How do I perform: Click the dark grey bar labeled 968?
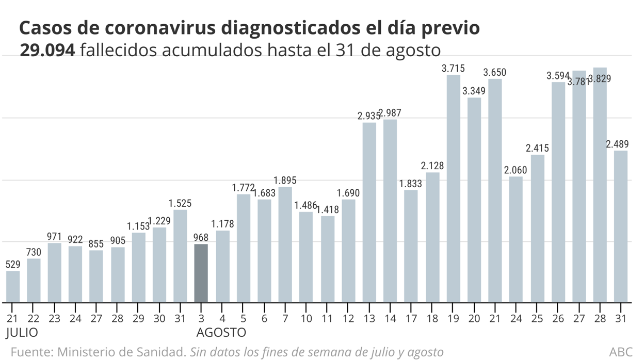click(x=201, y=273)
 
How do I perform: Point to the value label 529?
click(x=13, y=265)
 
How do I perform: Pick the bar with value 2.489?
click(x=621, y=226)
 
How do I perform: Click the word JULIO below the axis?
click(x=22, y=332)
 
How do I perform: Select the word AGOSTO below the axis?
click(x=220, y=332)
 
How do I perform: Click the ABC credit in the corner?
click(x=621, y=352)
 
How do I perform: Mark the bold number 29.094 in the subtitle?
click(x=48, y=51)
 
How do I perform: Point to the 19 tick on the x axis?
click(x=453, y=318)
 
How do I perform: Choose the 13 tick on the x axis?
click(x=369, y=318)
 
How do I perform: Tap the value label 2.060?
click(x=516, y=170)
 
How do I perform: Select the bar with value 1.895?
click(x=285, y=244)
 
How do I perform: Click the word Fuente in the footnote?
click(x=30, y=352)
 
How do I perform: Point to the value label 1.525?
click(x=181, y=203)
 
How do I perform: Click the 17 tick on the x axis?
click(x=411, y=318)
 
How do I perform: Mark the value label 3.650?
click(x=495, y=72)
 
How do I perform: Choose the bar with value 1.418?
click(x=328, y=259)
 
